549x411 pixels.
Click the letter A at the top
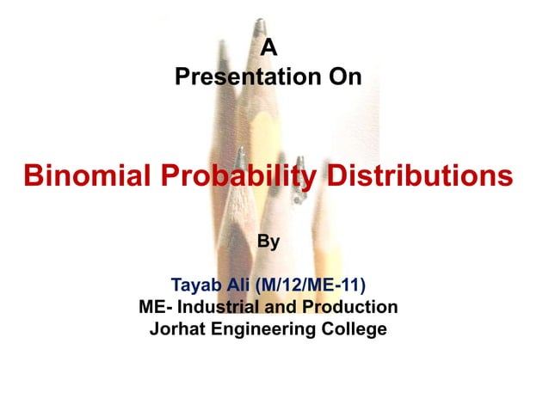click(x=268, y=50)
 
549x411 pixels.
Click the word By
click(x=268, y=242)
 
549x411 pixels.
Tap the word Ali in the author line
click(x=243, y=285)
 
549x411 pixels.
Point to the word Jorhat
click(x=177, y=328)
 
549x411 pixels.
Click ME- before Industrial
click(x=155, y=307)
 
